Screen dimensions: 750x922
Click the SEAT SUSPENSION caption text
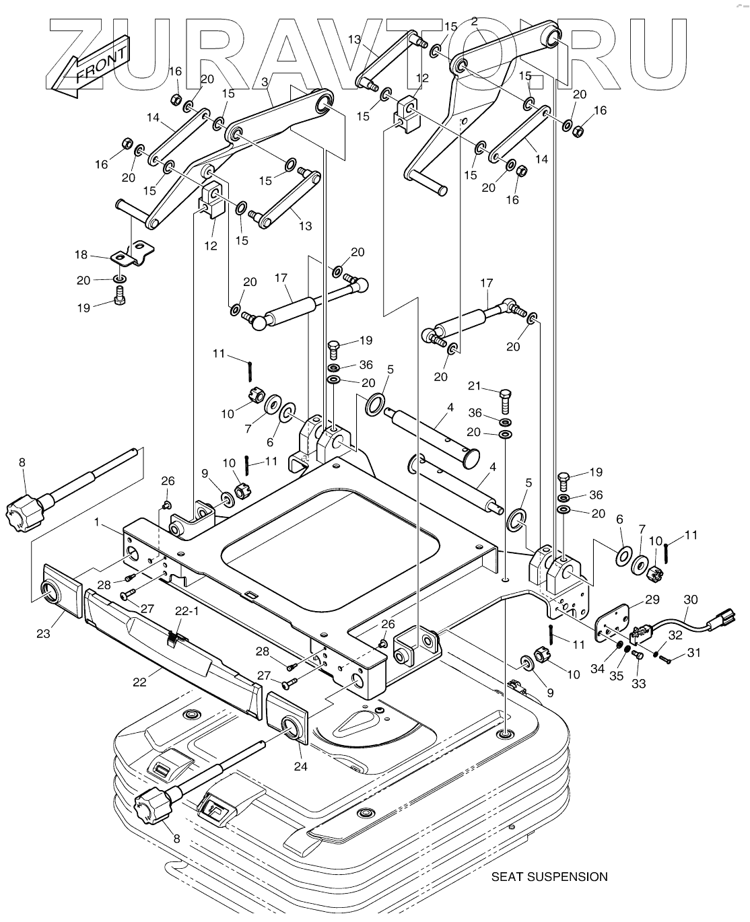tap(549, 876)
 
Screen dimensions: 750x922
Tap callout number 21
tap(475, 385)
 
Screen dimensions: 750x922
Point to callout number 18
tap(81, 254)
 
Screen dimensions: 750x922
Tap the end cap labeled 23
tap(63, 591)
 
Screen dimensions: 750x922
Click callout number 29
tap(652, 600)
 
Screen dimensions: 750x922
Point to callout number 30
tap(691, 600)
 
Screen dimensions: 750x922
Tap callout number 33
tap(639, 684)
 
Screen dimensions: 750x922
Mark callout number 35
tap(616, 676)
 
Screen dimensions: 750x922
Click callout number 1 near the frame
tap(97, 522)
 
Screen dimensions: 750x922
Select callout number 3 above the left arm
tap(265, 82)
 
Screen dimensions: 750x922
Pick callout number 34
tap(597, 669)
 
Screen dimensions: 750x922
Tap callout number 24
tap(300, 767)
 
